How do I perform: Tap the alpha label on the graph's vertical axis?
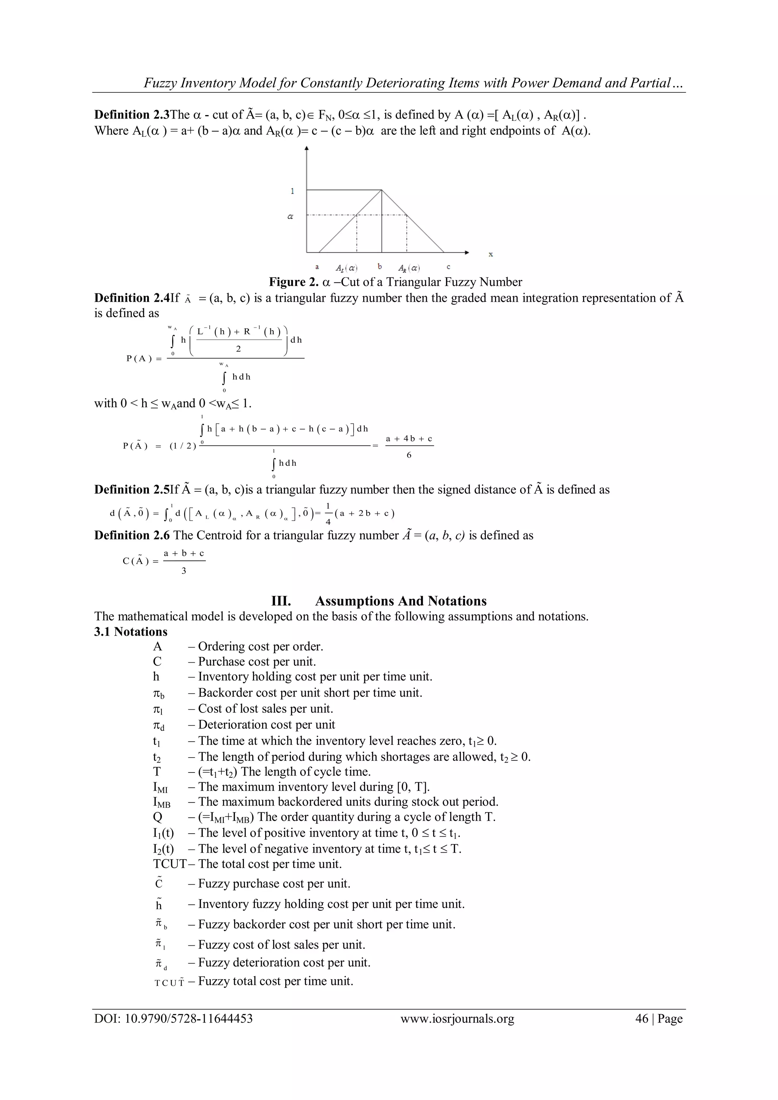290,217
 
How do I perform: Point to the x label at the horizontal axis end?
490,255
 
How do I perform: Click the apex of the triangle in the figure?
381,190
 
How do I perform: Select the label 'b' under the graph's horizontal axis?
380,266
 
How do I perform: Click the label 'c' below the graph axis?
448,267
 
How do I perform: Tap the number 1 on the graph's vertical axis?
292,191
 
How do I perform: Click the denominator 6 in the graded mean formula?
409,455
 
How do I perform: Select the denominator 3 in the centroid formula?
183,571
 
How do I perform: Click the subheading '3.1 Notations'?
131,632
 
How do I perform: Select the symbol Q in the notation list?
158,817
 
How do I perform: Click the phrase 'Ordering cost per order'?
260,646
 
